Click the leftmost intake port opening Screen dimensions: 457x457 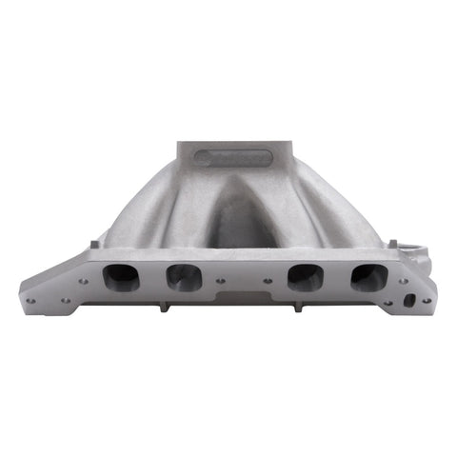click(x=121, y=277)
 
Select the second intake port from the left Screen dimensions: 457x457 click(x=183, y=277)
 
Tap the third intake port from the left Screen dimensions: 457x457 click(x=305, y=277)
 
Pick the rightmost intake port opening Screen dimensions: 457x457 click(x=368, y=277)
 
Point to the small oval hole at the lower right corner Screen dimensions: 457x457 click(x=409, y=300)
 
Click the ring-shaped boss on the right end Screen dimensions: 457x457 click(x=411, y=252)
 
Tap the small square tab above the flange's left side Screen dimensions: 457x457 click(x=96, y=244)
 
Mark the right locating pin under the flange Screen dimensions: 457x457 click(x=298, y=307)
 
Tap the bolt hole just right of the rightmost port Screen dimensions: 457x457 click(x=403, y=281)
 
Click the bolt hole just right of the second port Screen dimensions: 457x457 click(x=221, y=281)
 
